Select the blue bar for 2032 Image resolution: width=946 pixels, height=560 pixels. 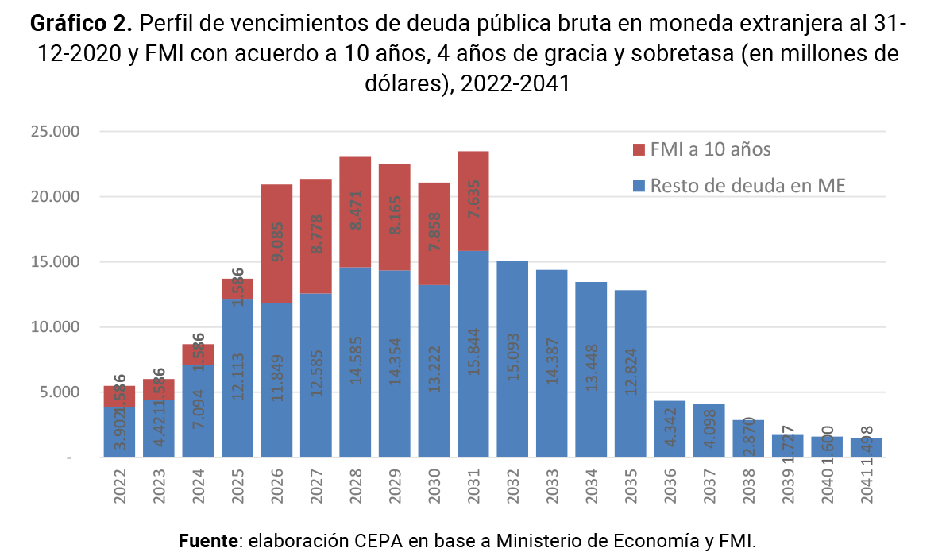512,358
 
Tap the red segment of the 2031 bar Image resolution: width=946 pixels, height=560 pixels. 473,200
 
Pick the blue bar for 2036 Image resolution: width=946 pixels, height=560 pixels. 669,429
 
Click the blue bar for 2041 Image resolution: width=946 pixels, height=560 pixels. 866,447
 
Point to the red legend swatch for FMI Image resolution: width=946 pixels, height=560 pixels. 639,149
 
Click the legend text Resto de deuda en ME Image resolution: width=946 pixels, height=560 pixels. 747,187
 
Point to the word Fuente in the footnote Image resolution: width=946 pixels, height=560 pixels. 209,542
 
